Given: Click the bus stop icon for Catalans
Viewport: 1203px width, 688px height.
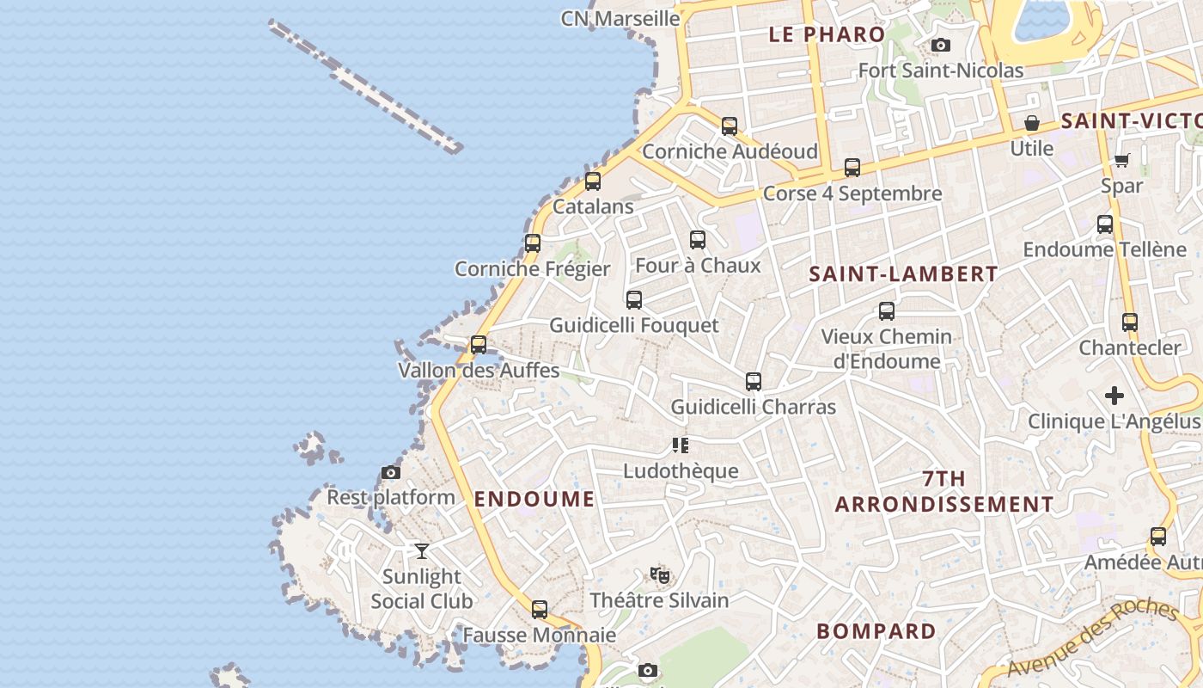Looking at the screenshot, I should (593, 181).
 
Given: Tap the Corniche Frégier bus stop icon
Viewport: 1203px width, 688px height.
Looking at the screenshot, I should (533, 243).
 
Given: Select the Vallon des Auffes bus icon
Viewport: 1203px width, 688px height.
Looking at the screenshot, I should (479, 345).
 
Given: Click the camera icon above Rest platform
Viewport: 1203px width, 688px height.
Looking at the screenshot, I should (391, 472).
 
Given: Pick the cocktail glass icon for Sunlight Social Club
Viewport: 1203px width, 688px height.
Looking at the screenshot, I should (421, 550).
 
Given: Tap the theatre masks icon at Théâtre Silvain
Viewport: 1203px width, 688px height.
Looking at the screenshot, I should (659, 574).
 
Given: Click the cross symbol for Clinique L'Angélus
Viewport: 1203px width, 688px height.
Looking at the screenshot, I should (1114, 396).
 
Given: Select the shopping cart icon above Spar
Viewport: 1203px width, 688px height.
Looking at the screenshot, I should (1121, 160).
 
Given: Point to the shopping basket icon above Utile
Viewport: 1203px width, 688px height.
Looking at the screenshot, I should (1031, 123).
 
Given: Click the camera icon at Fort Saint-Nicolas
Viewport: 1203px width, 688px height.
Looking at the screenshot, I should (941, 45).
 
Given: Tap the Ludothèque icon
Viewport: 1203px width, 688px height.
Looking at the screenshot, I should (681, 445).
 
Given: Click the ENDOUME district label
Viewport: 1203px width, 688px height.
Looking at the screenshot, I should (534, 499).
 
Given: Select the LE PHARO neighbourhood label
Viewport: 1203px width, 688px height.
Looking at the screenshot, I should (827, 34).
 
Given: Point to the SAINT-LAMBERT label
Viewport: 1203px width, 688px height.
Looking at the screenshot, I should (904, 274).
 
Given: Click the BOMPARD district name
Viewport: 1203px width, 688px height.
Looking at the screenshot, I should (876, 631).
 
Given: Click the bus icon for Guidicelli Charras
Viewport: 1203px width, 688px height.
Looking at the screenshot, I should (754, 381).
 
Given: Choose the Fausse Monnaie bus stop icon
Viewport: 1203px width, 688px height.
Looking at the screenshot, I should (540, 610).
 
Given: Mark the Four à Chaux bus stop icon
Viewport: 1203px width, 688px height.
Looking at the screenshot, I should (698, 240).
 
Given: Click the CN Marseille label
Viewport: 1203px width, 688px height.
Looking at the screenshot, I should (620, 18).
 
